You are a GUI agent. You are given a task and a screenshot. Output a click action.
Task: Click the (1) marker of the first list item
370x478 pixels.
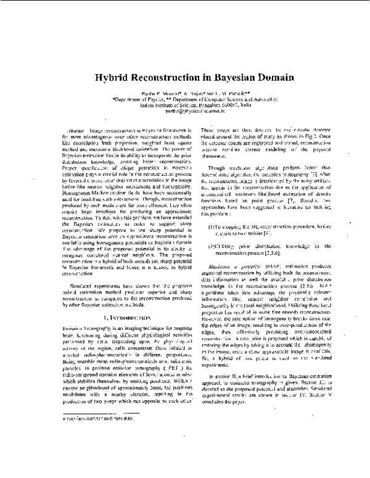[213, 245]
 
